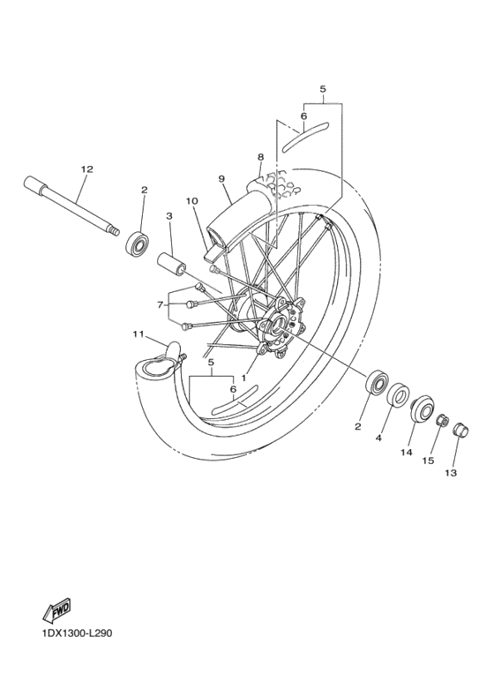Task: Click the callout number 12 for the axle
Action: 86,169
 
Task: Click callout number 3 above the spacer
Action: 168,215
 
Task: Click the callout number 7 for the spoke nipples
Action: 161,304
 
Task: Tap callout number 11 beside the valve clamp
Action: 138,334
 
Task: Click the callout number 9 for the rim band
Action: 222,178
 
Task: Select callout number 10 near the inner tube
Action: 191,201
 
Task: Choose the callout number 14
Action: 407,453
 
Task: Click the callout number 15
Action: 430,460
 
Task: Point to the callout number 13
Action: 453,472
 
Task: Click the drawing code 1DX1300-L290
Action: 75,633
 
